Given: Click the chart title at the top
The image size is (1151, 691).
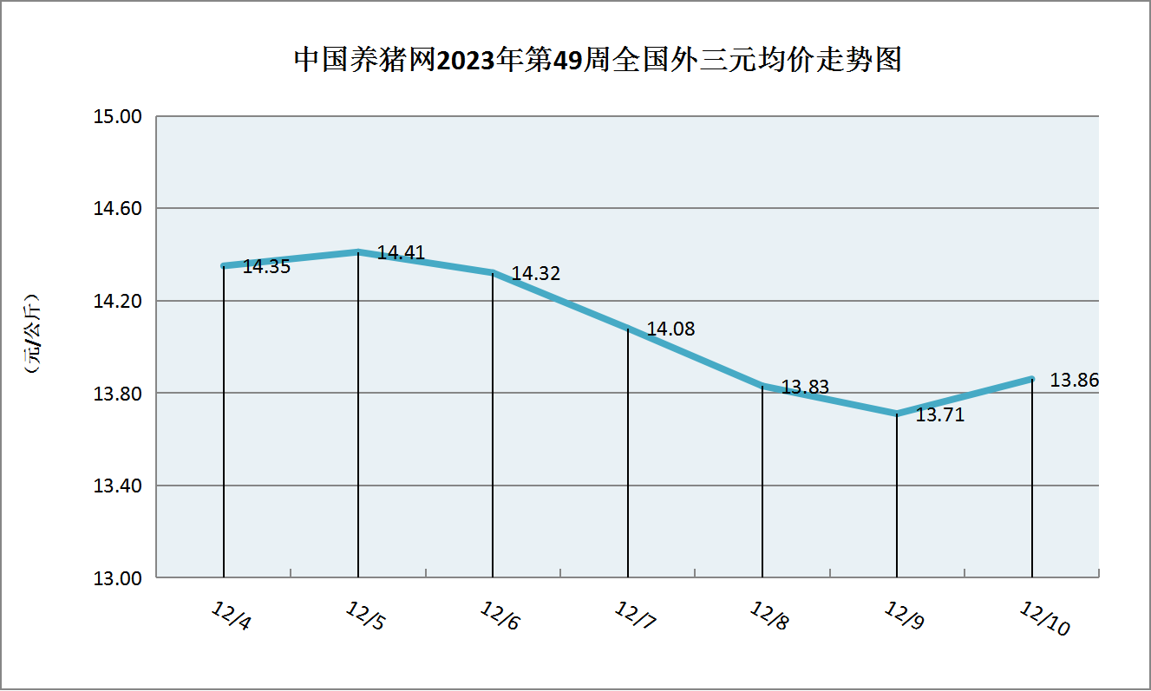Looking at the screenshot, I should tap(598, 60).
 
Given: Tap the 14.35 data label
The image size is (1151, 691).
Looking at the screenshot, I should tap(266, 267).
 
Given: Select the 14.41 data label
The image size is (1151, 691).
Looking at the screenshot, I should tap(401, 253).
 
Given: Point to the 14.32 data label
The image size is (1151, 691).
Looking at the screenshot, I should tap(535, 274).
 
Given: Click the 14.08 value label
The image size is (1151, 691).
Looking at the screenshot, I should tap(670, 329).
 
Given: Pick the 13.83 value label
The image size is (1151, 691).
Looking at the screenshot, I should tap(805, 388).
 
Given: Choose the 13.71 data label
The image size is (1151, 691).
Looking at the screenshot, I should tap(940, 415).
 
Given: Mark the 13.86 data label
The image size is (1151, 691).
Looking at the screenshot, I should tap(1074, 380).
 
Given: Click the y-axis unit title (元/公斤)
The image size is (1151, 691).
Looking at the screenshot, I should tap(33, 337).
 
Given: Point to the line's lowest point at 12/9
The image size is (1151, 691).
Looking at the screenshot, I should tap(897, 414).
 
